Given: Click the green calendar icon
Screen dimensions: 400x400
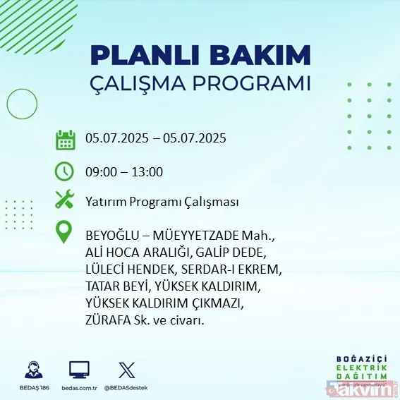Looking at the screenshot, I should [66, 139].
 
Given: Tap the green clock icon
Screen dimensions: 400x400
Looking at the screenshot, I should [65, 171].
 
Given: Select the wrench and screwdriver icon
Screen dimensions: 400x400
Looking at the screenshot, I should [65, 200].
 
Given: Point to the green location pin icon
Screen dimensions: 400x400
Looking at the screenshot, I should [65, 232].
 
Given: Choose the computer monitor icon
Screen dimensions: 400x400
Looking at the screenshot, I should [79, 370].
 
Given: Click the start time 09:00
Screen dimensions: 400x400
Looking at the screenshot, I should [101, 171].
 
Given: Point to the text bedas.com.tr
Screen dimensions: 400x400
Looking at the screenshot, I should [78, 388].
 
